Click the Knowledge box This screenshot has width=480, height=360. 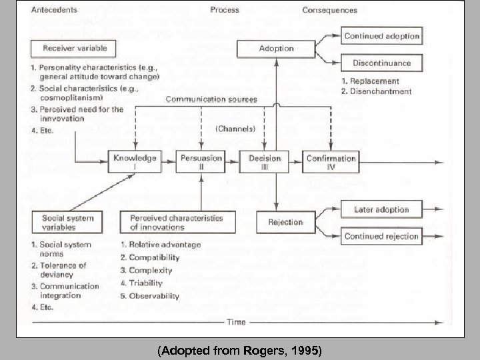tap(135, 161)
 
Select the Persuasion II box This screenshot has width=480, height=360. tap(201, 161)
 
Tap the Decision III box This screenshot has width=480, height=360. tap(265, 161)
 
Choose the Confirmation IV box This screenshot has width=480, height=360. tap(331, 161)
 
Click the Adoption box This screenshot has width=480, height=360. tap(276, 49)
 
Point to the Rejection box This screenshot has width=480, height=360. tap(285, 222)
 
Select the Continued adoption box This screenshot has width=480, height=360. tap(382, 36)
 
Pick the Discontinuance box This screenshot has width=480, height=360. tap(382, 63)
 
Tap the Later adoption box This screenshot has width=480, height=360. tap(382, 209)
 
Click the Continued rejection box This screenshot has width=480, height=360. tap(382, 236)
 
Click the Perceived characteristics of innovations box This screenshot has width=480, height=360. tap(177, 222)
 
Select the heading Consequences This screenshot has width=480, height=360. tap(329, 10)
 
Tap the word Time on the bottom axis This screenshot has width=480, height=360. tap(235, 321)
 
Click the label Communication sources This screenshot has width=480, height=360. tap(211, 100)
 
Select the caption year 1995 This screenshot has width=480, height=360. tap(306, 349)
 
